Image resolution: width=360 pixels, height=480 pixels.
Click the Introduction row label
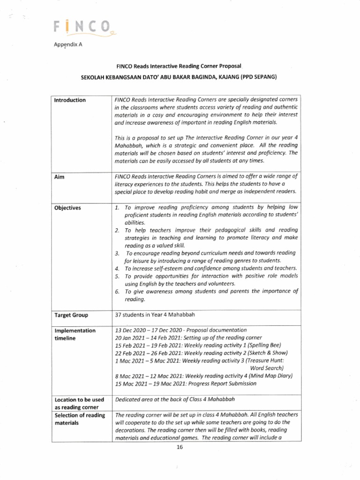point(70,100)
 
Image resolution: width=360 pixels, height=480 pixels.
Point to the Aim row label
point(60,176)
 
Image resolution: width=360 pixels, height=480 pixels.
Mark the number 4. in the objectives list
point(117,269)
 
